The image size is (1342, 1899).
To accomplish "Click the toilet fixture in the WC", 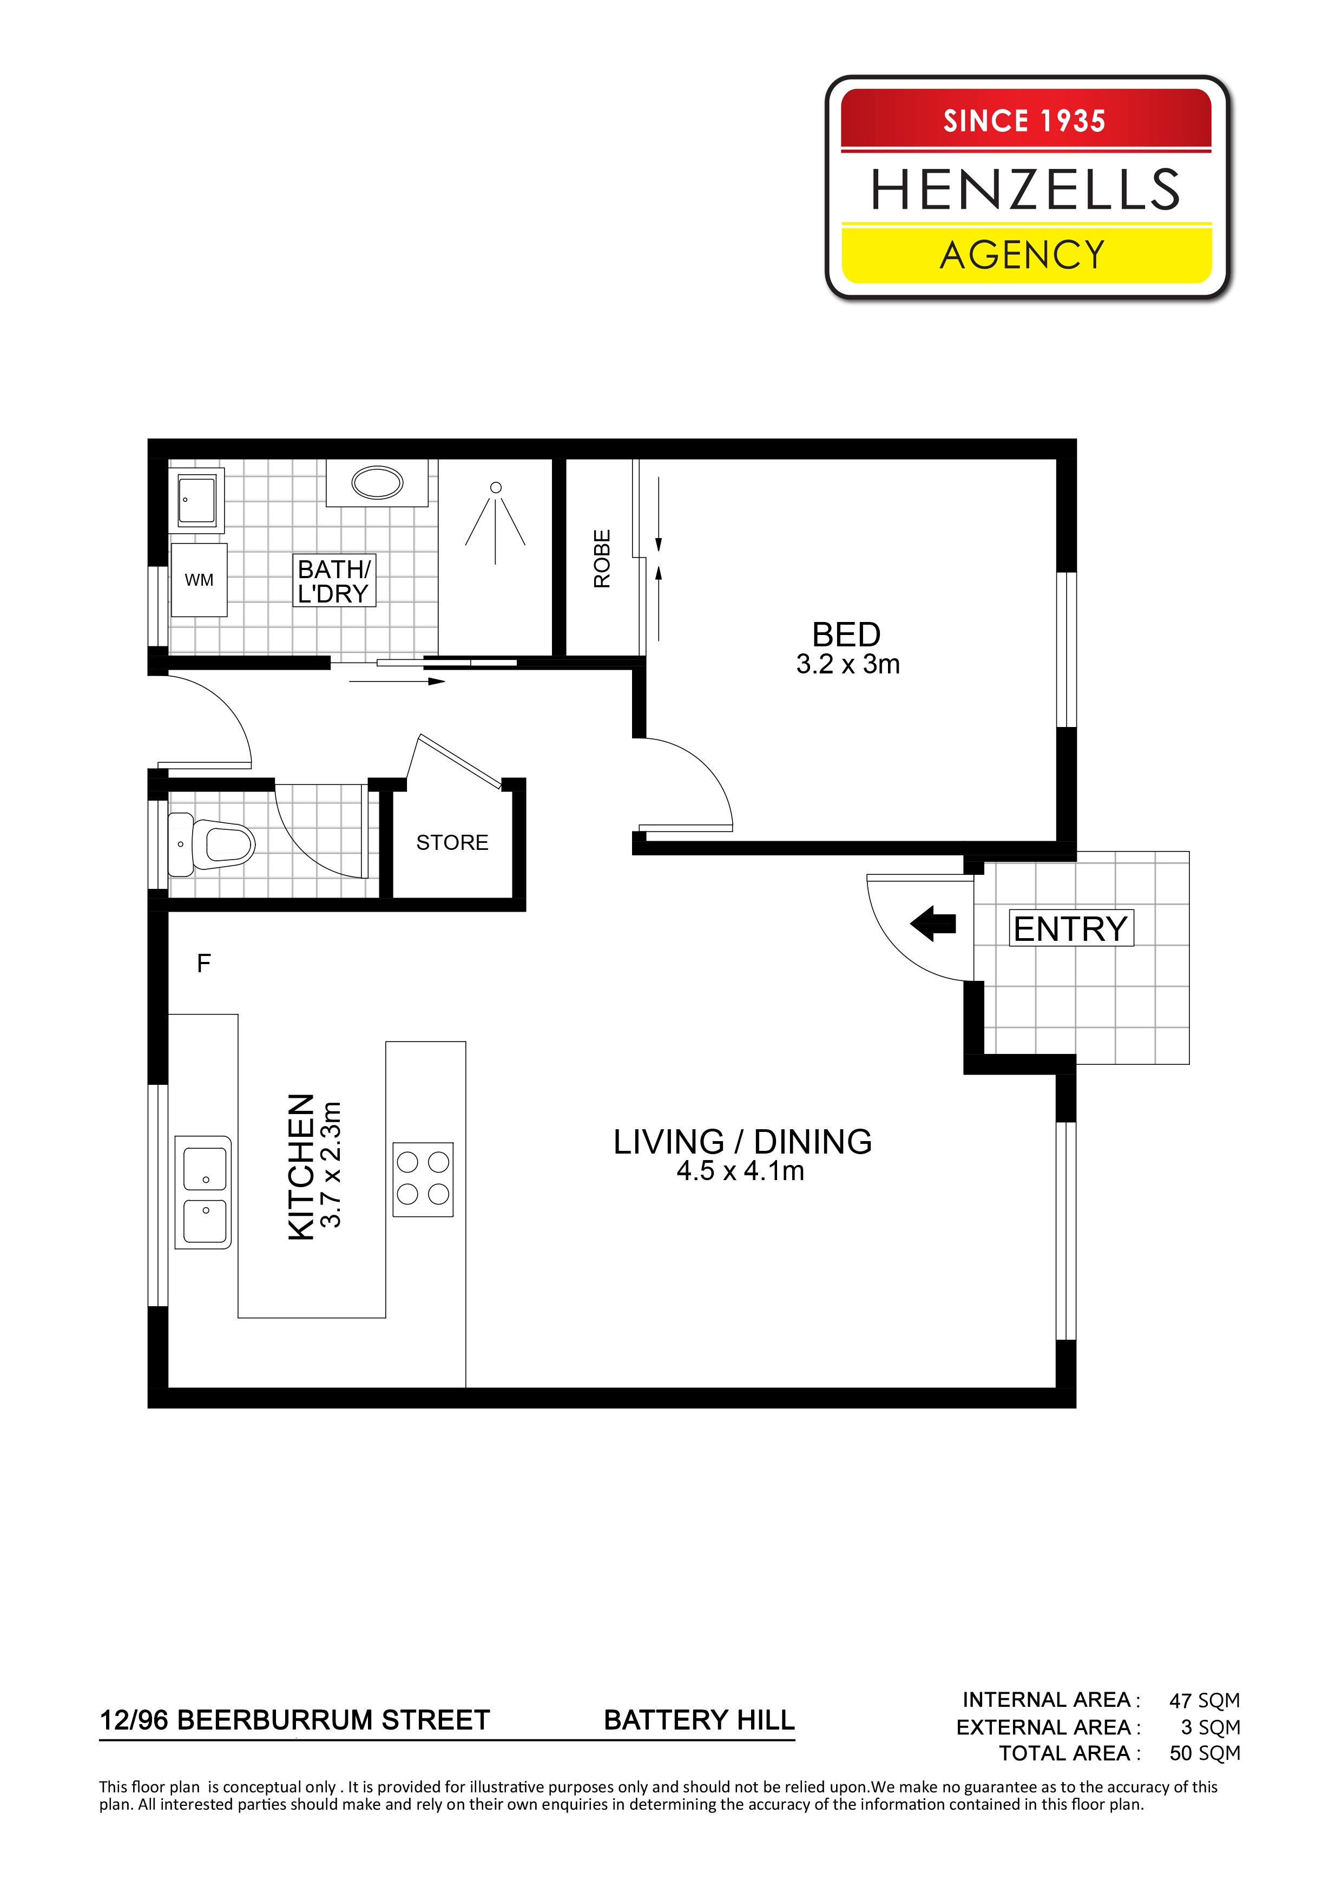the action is (x=211, y=843).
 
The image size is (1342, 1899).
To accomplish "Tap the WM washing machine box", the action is (x=199, y=580).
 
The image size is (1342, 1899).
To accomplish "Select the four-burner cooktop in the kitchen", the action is (x=423, y=1180).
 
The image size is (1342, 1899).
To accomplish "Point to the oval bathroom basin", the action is (x=377, y=482).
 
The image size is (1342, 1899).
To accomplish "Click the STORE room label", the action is (x=452, y=843).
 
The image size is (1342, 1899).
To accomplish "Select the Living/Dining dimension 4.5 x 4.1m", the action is (x=740, y=1171).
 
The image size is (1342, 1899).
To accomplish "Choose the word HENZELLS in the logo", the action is (x=1025, y=189).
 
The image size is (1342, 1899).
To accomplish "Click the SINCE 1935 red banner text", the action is (x=1024, y=121).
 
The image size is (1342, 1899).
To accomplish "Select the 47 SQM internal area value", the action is (x=1205, y=1717).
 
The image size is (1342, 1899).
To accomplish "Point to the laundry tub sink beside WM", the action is (x=197, y=500).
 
